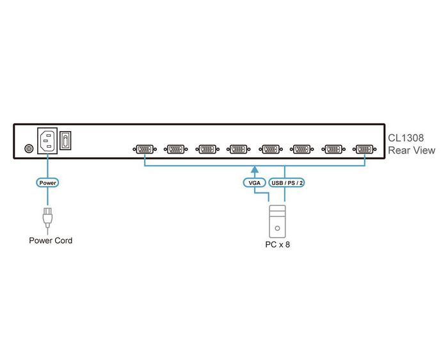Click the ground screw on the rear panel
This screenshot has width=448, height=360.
click(28, 149)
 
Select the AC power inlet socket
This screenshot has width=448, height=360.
click(48, 142)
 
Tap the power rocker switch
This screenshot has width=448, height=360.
click(66, 141)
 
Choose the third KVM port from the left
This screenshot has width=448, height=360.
click(206, 150)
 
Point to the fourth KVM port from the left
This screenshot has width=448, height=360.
click(237, 150)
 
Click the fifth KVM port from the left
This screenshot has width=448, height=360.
click(269, 150)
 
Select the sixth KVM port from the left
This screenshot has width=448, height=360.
click(300, 150)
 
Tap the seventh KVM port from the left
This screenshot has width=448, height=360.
click(332, 150)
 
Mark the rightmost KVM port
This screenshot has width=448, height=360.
click(364, 150)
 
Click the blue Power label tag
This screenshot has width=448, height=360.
click(48, 182)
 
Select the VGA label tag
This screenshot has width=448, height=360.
click(254, 183)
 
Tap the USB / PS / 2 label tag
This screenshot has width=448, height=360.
click(287, 183)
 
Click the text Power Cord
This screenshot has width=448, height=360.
click(51, 241)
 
